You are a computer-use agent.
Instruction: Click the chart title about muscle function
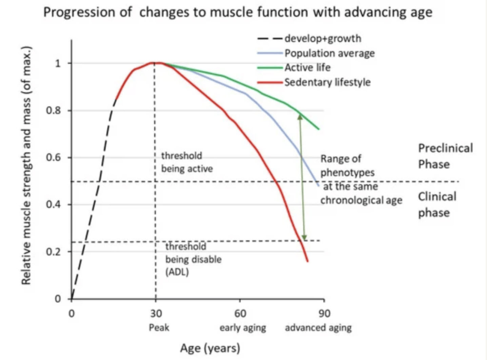pyautogui.click(x=238, y=13)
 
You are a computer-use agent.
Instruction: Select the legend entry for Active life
pyautogui.click(x=307, y=68)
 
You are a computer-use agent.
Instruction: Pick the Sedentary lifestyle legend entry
pyautogui.click(x=327, y=82)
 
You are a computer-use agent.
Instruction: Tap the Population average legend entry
pyautogui.click(x=329, y=53)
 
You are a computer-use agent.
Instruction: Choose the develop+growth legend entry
pyautogui.click(x=322, y=38)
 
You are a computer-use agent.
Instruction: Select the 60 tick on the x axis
pyautogui.click(x=240, y=313)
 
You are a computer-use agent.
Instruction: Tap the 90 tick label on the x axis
pyautogui.click(x=324, y=313)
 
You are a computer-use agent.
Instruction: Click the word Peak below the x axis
pyautogui.click(x=159, y=328)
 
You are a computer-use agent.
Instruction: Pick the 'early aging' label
pyautogui.click(x=243, y=328)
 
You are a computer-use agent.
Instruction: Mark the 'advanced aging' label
pyautogui.click(x=318, y=328)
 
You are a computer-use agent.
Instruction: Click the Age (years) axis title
pyautogui.click(x=210, y=348)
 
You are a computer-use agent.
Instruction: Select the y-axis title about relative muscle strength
pyautogui.click(x=26, y=165)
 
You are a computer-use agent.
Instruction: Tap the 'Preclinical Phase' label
pyautogui.click(x=445, y=156)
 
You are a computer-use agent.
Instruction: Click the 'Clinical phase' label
pyautogui.click(x=437, y=204)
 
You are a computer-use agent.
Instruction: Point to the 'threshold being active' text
pyautogui.click(x=186, y=162)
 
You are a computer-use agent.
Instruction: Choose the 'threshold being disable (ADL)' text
pyautogui.click(x=193, y=259)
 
